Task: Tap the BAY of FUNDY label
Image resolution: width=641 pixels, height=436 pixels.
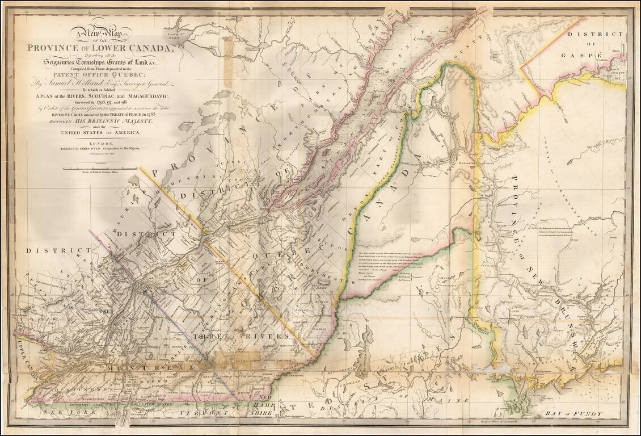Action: tap(572, 414)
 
